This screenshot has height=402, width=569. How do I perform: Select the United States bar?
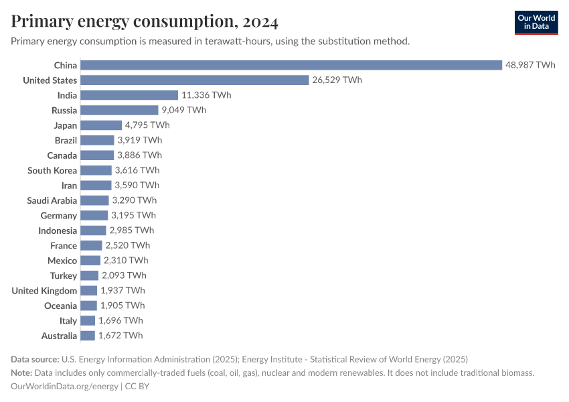195,80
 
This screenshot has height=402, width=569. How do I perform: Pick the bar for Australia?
88,336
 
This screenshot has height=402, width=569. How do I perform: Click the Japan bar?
101,125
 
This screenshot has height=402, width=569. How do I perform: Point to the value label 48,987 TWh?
530,65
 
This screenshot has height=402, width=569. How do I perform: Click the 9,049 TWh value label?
183,110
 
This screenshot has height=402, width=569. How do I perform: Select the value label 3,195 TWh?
133,215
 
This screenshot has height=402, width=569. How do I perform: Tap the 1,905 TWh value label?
122,306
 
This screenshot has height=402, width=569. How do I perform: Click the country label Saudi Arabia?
52,200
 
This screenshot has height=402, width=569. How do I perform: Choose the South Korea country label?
52,170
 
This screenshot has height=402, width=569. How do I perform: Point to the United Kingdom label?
44,291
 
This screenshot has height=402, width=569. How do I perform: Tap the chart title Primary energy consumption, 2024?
145,22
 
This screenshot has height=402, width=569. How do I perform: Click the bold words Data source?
34,359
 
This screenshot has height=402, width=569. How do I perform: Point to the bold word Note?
21,373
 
